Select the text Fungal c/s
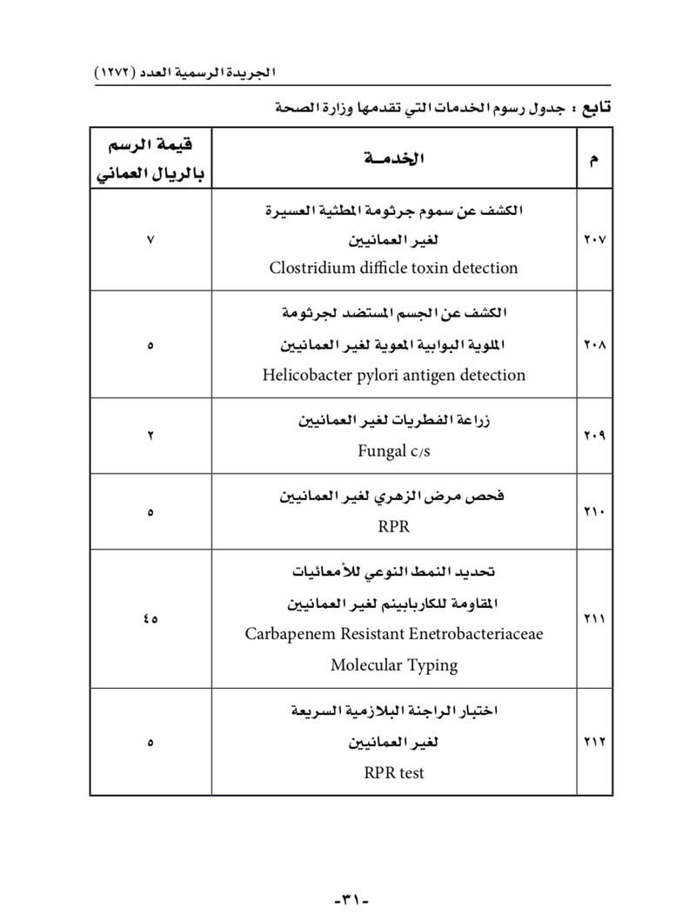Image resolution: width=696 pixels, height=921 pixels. [393, 451]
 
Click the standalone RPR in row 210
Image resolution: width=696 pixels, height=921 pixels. [393, 526]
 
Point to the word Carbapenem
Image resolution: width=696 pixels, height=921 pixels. [288, 634]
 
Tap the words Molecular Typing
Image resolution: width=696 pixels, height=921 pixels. [393, 665]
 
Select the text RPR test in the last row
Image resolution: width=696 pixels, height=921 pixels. [393, 772]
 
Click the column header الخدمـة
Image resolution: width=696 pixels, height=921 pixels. [393, 158]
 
